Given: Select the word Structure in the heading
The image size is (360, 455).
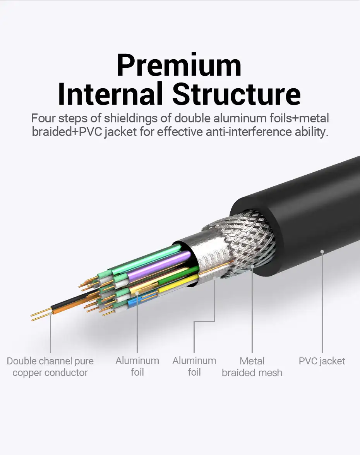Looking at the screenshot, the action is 237,93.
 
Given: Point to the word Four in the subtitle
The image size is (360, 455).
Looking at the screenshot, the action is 43,118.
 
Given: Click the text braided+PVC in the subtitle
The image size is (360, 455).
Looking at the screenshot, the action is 67,132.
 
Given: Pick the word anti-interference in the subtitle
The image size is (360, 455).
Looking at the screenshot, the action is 249,132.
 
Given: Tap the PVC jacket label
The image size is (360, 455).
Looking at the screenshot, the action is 322,361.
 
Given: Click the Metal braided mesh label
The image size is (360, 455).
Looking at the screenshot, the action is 252,367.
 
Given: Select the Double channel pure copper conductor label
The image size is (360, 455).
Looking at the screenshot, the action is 50,367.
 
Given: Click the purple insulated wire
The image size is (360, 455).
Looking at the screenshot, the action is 158,266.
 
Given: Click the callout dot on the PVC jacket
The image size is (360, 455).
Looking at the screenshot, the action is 322,252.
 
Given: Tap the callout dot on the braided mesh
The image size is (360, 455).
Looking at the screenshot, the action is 252,266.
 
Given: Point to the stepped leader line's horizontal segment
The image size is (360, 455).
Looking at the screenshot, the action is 204,321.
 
